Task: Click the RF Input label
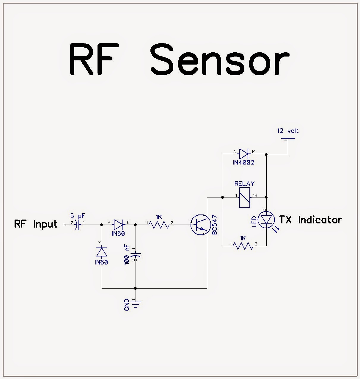click(x=36, y=224)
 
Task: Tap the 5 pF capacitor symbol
click(x=77, y=225)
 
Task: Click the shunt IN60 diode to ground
click(x=102, y=252)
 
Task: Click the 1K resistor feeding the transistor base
click(x=159, y=225)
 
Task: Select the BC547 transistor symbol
click(x=200, y=225)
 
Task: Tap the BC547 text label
click(x=215, y=225)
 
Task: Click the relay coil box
click(x=244, y=197)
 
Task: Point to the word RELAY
click(x=244, y=184)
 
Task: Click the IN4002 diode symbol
click(x=244, y=154)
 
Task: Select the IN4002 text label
click(x=243, y=162)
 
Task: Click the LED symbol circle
click(x=266, y=220)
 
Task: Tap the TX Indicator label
click(x=310, y=220)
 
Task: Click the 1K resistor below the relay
click(x=243, y=246)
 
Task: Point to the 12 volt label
click(x=288, y=131)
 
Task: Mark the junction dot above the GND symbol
click(x=136, y=288)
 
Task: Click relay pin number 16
click(x=255, y=195)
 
